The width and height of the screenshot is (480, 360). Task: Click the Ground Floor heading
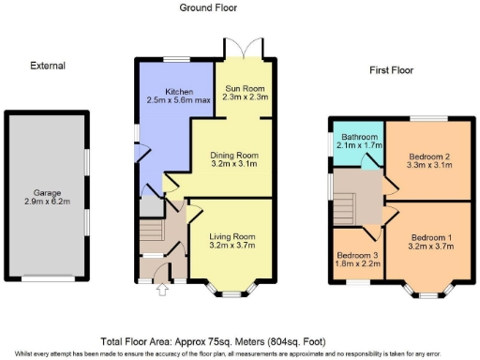[208, 7]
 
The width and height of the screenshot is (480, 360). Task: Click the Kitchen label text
[179, 91]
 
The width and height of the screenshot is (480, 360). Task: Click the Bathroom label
[357, 137]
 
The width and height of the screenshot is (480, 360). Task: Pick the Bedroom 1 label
[432, 237]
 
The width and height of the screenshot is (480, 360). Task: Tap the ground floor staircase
[150, 231]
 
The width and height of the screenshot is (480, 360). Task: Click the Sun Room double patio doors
[245, 49]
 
